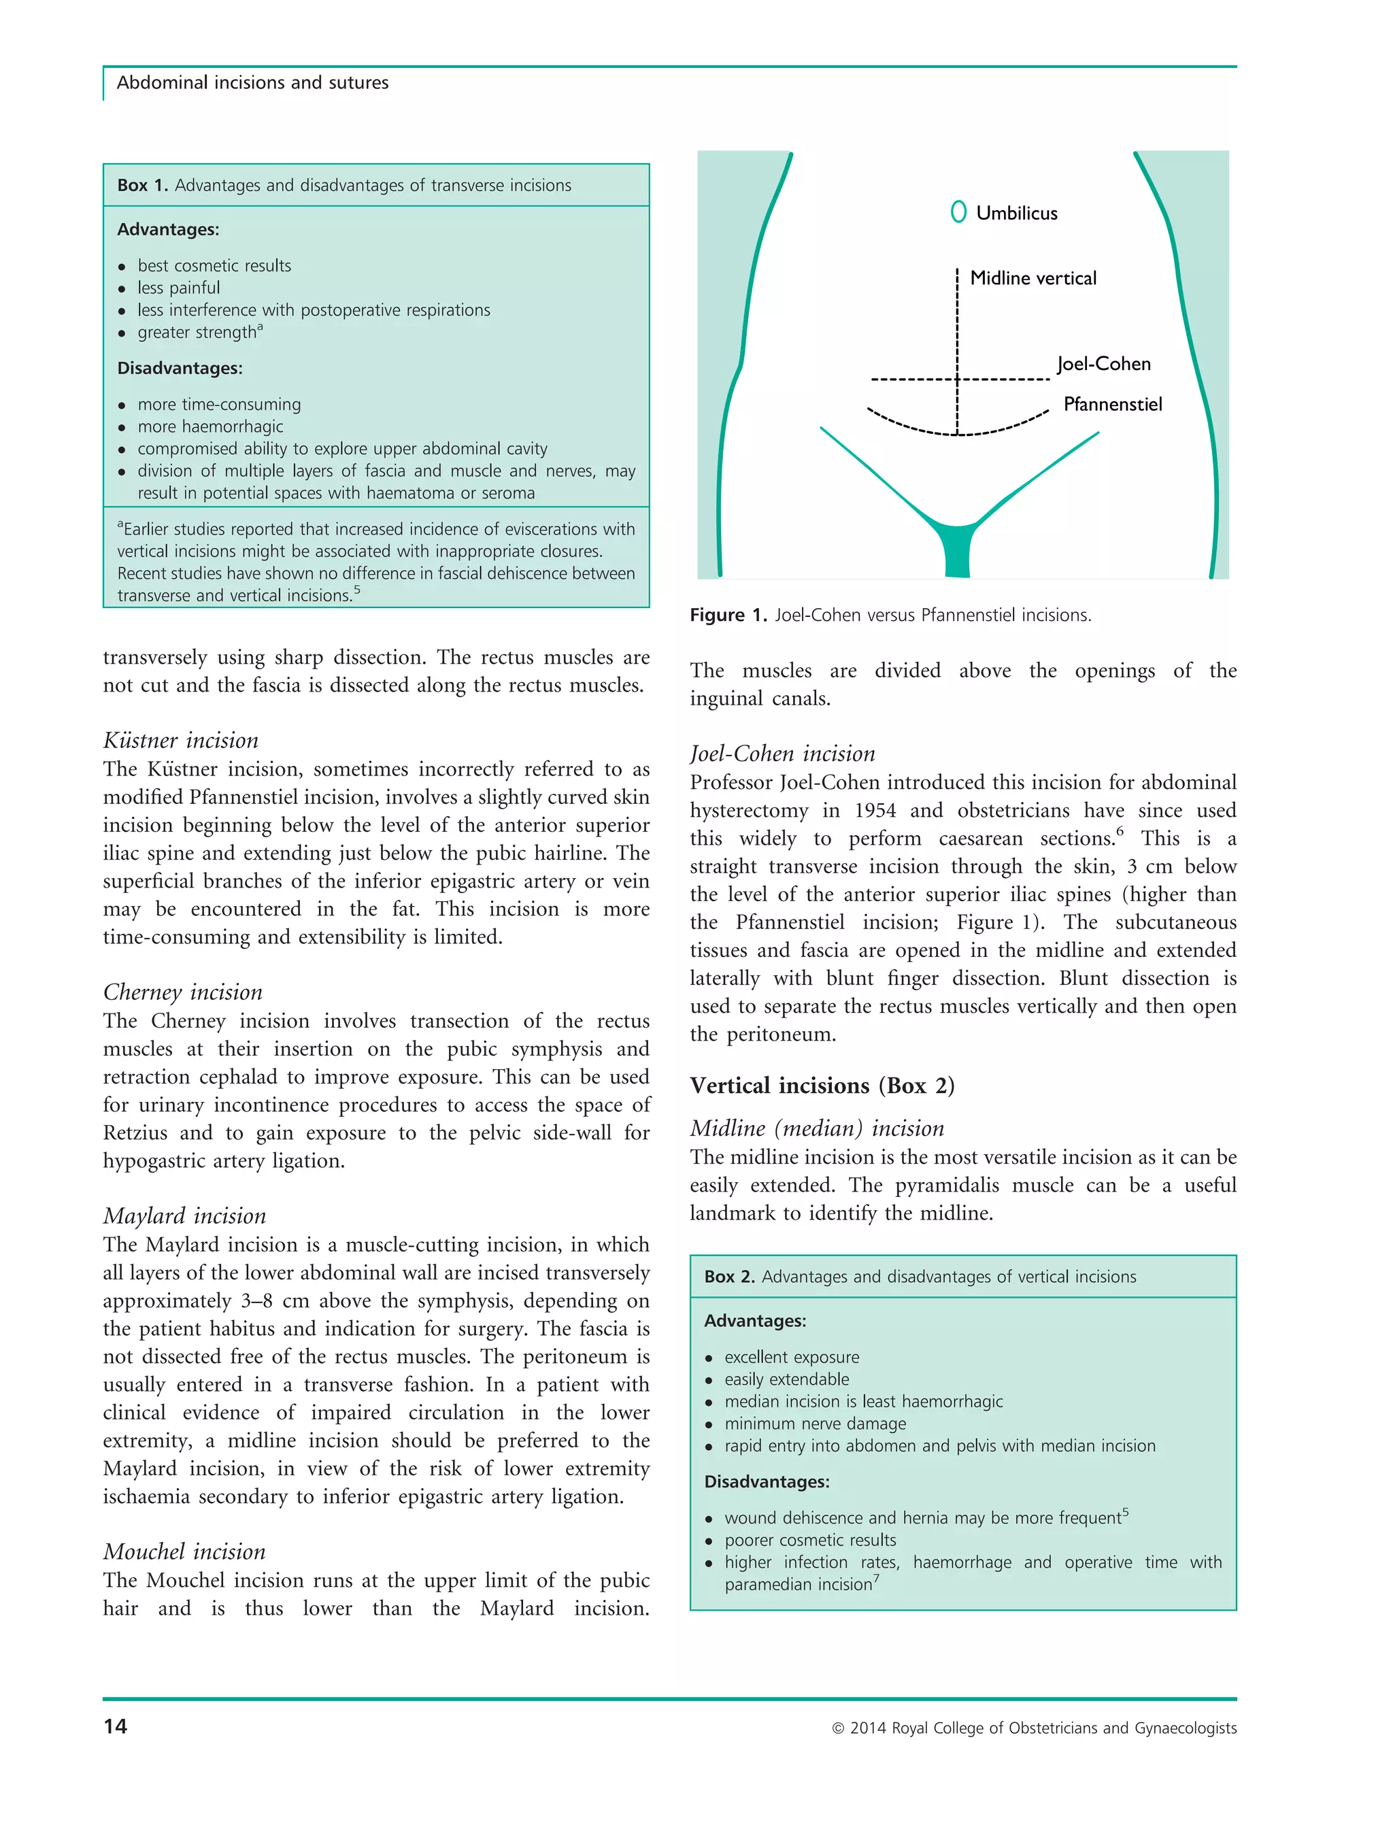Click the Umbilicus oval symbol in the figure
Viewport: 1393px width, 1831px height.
point(958,212)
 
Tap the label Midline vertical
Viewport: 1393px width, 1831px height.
point(1033,279)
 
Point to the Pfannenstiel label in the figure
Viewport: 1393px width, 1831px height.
point(1112,405)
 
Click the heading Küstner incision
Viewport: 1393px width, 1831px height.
point(181,741)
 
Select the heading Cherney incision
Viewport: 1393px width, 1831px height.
point(182,992)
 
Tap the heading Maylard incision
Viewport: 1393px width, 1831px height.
point(184,1217)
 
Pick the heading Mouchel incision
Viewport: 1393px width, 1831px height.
point(184,1552)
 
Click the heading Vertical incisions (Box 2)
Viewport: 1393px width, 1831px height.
point(822,1086)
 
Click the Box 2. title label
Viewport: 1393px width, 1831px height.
point(729,1277)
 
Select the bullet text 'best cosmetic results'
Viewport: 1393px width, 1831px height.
point(214,266)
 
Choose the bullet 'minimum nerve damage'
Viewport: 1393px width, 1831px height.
point(814,1424)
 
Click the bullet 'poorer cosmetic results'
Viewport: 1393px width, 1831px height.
point(809,1540)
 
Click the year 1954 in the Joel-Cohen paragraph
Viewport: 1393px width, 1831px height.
point(875,810)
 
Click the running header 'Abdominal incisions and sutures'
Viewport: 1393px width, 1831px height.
point(252,83)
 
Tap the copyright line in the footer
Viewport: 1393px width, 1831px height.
point(1033,1728)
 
